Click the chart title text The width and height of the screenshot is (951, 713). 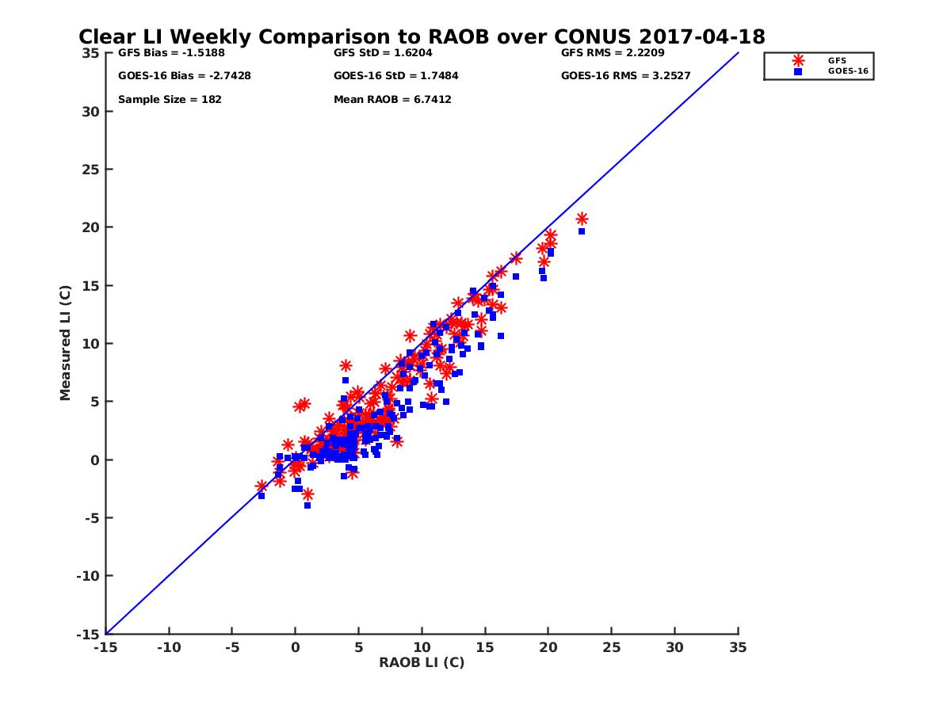point(422,37)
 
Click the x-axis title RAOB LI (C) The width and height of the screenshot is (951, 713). point(422,662)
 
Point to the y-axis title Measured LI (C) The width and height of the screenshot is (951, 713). point(65,343)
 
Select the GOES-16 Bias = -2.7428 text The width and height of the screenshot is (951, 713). point(174,76)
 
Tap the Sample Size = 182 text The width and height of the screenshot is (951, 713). point(170,100)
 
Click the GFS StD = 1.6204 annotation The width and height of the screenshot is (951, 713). point(384,54)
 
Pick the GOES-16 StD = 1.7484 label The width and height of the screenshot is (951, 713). point(396,76)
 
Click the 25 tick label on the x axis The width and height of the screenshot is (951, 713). point(611,647)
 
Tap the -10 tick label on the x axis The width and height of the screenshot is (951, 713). point(168,647)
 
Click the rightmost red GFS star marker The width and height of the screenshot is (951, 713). point(582,219)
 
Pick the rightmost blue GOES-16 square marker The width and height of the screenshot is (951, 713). point(582,231)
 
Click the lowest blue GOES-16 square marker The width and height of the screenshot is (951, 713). point(307,505)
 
